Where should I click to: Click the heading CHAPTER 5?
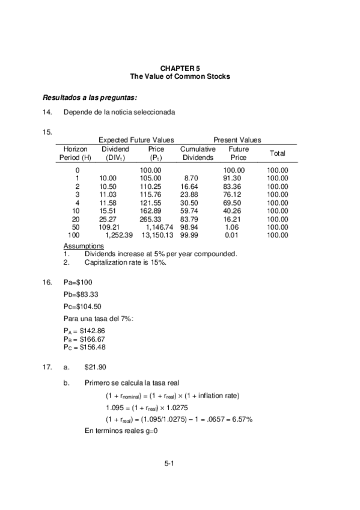click(x=180, y=69)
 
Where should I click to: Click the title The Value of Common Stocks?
click(x=180, y=77)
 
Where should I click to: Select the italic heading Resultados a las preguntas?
click(x=90, y=98)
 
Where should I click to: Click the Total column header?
click(x=277, y=153)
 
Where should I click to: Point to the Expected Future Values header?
click(x=136, y=140)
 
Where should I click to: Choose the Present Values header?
click(x=237, y=140)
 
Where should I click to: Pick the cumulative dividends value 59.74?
click(x=189, y=211)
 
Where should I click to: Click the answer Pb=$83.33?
click(x=81, y=295)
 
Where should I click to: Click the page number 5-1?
click(x=169, y=463)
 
